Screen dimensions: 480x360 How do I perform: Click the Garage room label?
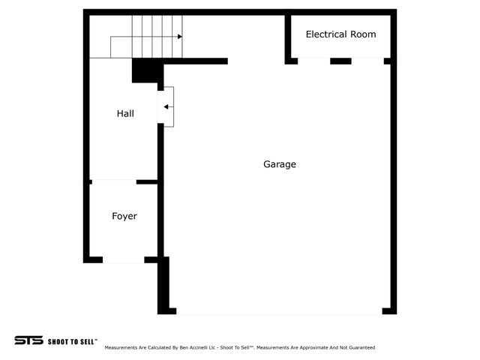click(x=280, y=164)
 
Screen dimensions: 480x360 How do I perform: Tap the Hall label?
click(x=125, y=113)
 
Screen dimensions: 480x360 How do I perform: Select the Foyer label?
click(x=124, y=216)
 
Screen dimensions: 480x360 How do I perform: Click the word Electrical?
click(x=326, y=34)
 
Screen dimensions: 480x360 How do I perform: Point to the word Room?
click(x=363, y=34)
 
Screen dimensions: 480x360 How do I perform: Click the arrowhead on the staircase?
click(x=180, y=37)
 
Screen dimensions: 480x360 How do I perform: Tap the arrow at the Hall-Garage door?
click(x=169, y=106)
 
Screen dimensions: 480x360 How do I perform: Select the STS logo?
click(x=28, y=340)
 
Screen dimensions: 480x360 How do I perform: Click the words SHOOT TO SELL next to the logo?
click(x=73, y=341)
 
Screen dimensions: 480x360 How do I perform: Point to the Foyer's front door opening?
click(x=123, y=260)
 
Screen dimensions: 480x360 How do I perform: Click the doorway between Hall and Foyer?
click(x=114, y=181)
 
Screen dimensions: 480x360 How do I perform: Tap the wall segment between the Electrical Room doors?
click(x=340, y=61)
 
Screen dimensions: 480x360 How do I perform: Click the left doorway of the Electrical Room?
click(x=313, y=61)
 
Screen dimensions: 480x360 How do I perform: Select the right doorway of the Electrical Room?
click(x=367, y=61)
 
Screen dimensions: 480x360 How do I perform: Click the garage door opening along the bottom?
click(x=279, y=311)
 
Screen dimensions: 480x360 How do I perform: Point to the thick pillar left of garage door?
click(x=163, y=285)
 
